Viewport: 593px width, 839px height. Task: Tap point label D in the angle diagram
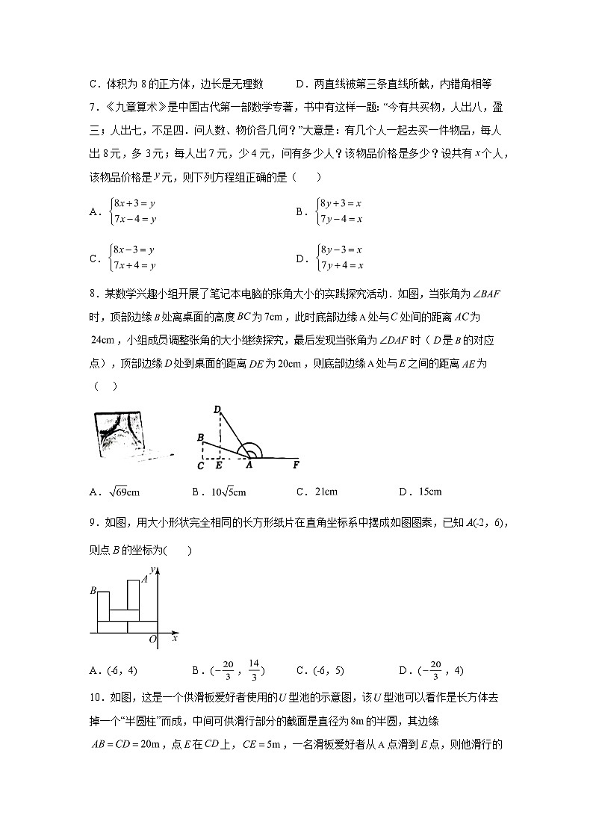click(217, 409)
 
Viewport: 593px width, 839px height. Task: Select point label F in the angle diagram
click(296, 466)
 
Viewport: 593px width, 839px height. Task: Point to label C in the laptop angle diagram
click(201, 466)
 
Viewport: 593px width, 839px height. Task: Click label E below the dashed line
click(219, 466)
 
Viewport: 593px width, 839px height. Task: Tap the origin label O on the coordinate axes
click(152, 640)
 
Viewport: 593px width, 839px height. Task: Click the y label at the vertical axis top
click(152, 572)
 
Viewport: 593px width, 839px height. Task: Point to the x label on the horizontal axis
click(175, 639)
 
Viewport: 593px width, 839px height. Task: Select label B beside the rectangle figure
click(93, 591)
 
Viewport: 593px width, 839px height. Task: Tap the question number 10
click(96, 697)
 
